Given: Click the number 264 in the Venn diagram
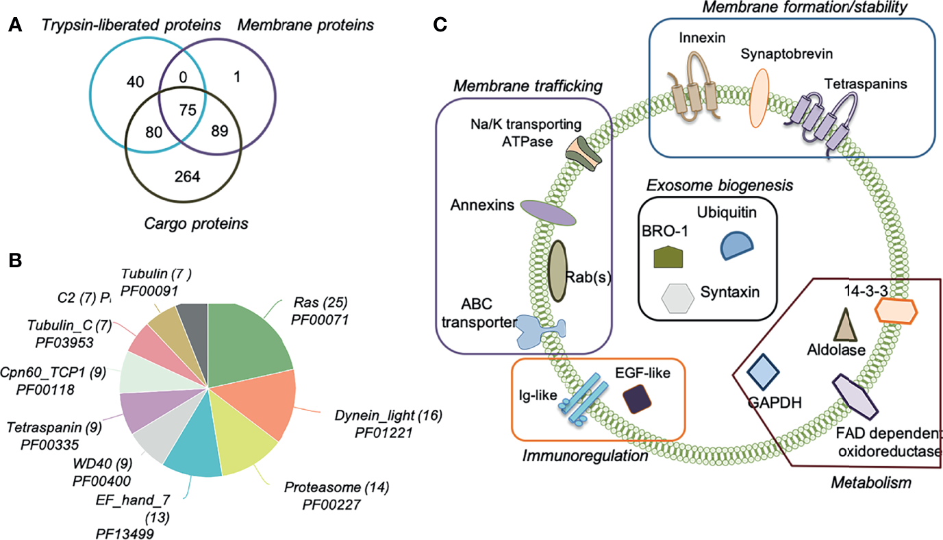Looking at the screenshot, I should pos(187,177).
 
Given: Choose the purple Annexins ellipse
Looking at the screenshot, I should pos(546,212).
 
